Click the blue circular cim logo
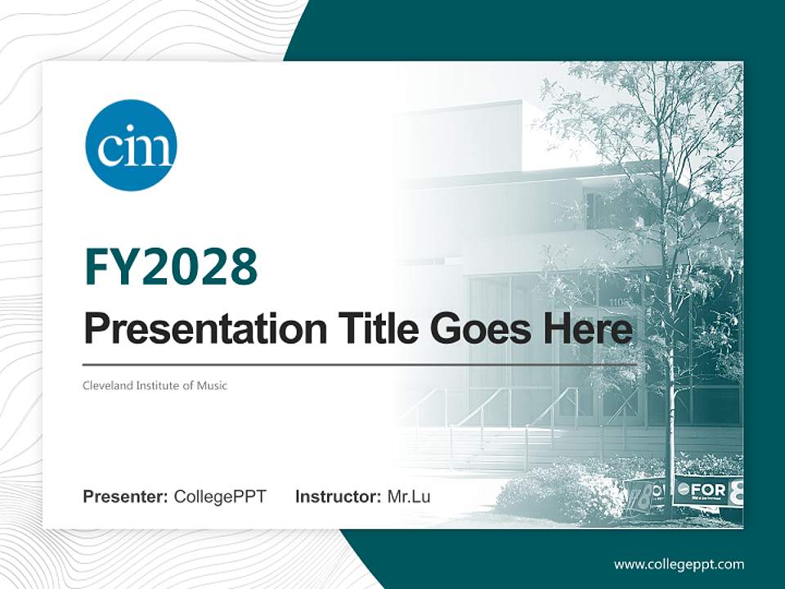click(x=131, y=146)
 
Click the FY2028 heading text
click(x=171, y=267)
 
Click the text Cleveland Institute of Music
click(x=155, y=385)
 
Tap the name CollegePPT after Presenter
click(x=220, y=497)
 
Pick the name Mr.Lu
click(x=409, y=497)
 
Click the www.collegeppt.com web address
click(x=679, y=564)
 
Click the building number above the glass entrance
click(x=618, y=302)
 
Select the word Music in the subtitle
click(x=212, y=385)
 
